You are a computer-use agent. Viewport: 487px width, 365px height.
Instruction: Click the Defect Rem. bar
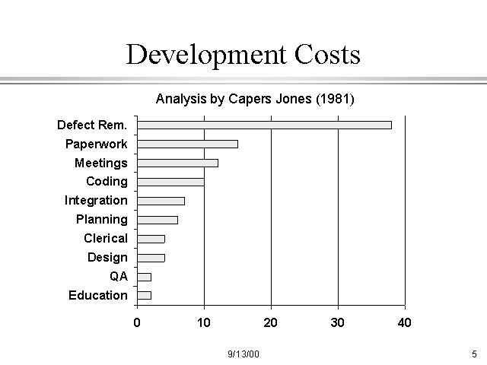coord(264,125)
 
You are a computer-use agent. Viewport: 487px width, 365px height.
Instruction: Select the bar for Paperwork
coord(187,144)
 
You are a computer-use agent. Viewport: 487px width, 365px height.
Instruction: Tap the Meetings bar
coord(177,163)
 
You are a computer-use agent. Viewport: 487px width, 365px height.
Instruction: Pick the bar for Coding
coord(170,182)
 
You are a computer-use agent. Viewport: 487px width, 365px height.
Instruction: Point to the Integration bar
coord(161,201)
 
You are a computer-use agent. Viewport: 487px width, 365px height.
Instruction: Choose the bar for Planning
coord(158,220)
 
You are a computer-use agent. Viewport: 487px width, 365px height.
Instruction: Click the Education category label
coord(98,295)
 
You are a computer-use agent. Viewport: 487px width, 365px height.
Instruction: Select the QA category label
coord(119,276)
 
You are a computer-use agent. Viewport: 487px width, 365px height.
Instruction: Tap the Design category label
coord(107,257)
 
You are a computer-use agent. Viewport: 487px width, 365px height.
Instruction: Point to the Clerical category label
coord(106,238)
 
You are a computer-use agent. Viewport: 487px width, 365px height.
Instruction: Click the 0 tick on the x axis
coord(137,322)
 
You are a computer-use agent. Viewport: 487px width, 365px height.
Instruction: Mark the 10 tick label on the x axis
coord(204,322)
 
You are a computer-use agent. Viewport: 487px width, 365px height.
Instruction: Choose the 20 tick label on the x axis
coord(271,322)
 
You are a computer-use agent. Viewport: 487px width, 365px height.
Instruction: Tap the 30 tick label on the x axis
coord(338,322)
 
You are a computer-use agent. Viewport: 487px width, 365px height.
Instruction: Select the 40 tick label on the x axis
coord(404,322)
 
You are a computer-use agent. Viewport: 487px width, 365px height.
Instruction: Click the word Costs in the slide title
coord(321,56)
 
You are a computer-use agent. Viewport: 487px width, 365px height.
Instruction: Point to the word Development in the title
coord(199,56)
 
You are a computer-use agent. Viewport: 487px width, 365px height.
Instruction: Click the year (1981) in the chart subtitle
coord(336,99)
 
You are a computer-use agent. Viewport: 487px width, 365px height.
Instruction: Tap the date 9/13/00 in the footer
coord(243,354)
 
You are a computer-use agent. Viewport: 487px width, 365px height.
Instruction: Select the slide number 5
coord(474,354)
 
